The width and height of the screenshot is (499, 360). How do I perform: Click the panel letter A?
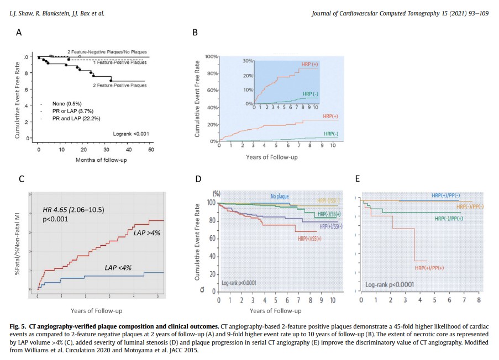(x=19, y=33)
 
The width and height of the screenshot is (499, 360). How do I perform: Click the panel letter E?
(x=358, y=179)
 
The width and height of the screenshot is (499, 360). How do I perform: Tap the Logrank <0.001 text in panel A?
(x=130, y=134)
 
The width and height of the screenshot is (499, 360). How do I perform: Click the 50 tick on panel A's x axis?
(x=151, y=149)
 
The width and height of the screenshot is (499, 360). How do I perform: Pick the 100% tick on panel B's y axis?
(x=212, y=57)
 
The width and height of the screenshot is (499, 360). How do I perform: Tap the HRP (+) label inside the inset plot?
(x=309, y=65)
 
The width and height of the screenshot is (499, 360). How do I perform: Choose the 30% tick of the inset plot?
(x=248, y=61)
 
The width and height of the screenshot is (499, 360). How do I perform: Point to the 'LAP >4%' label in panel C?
(x=146, y=233)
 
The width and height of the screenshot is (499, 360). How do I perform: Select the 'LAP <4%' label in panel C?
(x=118, y=268)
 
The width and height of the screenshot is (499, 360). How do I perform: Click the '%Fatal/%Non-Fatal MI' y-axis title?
(x=18, y=246)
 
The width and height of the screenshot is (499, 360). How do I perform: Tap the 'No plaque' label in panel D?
(x=280, y=196)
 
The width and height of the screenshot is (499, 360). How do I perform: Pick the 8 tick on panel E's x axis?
(x=479, y=300)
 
